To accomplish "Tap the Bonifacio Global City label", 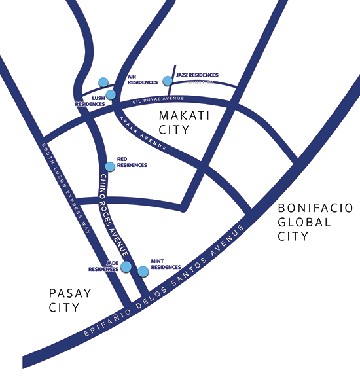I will (x=315, y=222).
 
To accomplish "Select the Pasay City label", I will (x=70, y=300).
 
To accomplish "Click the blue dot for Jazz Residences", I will (x=168, y=81).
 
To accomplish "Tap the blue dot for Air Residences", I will (x=103, y=82).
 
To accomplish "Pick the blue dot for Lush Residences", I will (x=111, y=94).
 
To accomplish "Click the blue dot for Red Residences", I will (x=110, y=166).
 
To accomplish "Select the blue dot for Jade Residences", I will (x=126, y=266).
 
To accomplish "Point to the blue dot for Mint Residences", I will (x=143, y=270).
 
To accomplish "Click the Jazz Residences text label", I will (x=197, y=75).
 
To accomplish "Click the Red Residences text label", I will (x=132, y=162).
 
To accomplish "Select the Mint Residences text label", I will (x=166, y=263).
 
